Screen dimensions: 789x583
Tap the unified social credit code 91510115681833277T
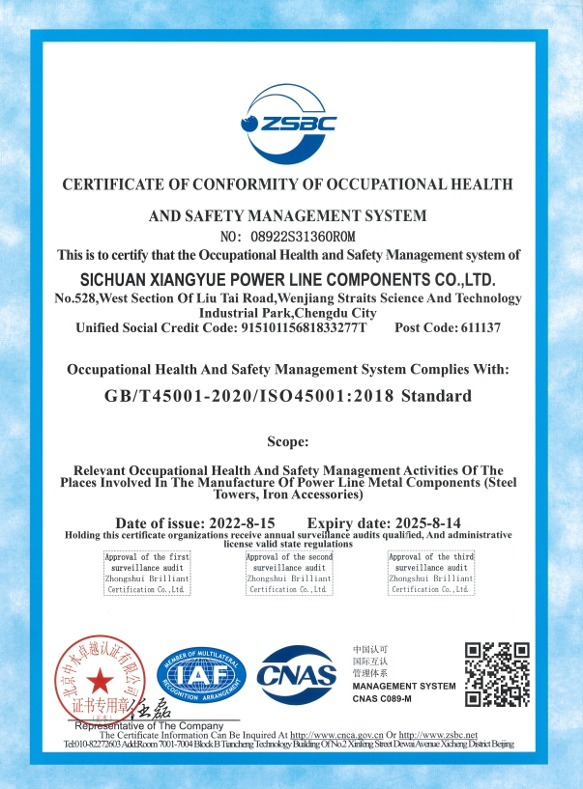pyautogui.click(x=303, y=328)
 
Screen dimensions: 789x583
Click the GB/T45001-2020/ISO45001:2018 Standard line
pyautogui.click(x=288, y=395)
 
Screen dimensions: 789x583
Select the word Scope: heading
pyautogui.click(x=287, y=441)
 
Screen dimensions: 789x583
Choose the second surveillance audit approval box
pyautogui.click(x=289, y=573)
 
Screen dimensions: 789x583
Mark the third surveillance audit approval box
pyautogui.click(x=431, y=573)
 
